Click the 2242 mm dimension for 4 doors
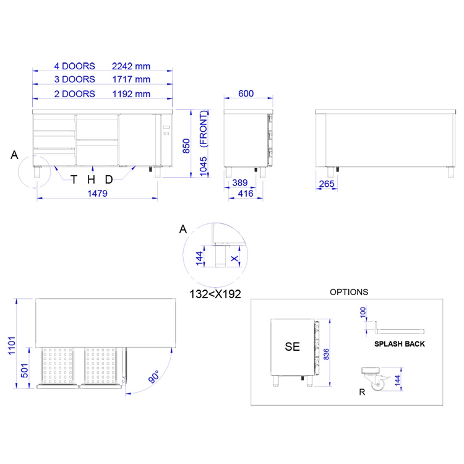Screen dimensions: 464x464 [x=131, y=66]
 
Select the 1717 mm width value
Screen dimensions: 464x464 [x=131, y=79]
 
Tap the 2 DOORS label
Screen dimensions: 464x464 [x=75, y=94]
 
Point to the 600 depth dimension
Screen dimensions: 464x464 [x=246, y=93]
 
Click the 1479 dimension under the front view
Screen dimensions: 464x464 [x=97, y=194]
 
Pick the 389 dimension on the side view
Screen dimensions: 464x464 [x=239, y=183]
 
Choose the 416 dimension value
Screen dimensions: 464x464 [x=246, y=194]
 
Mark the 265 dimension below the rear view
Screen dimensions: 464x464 [x=327, y=184]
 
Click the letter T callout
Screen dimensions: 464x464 [x=74, y=179]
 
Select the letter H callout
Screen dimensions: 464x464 [x=91, y=179]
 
